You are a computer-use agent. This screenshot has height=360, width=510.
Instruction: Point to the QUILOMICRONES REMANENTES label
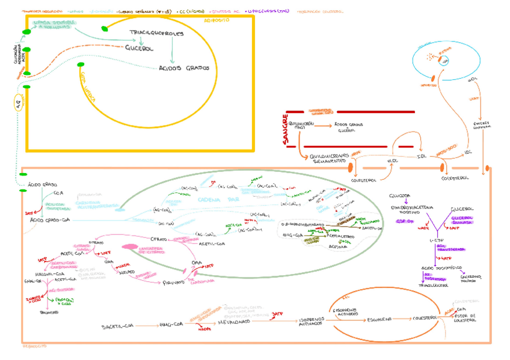coord(330,157)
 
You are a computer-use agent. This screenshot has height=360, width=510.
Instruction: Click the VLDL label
coord(393,161)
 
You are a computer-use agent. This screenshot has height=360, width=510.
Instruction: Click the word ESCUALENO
coord(380,320)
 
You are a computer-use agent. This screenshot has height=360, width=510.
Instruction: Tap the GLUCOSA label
coord(399,196)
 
